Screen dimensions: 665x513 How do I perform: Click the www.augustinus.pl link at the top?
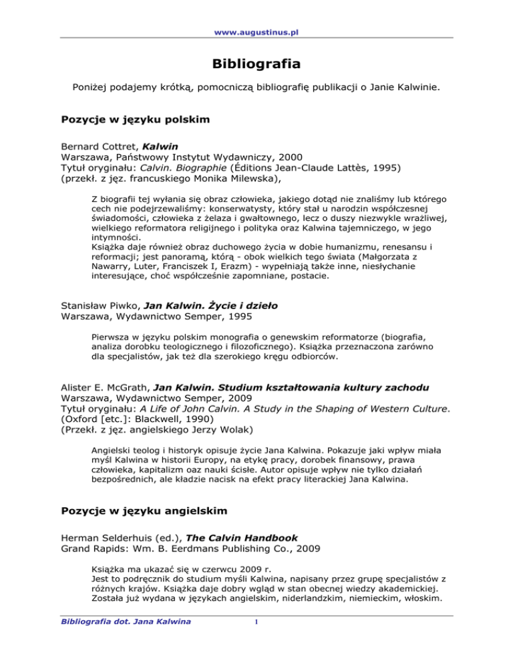point(256,13)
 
